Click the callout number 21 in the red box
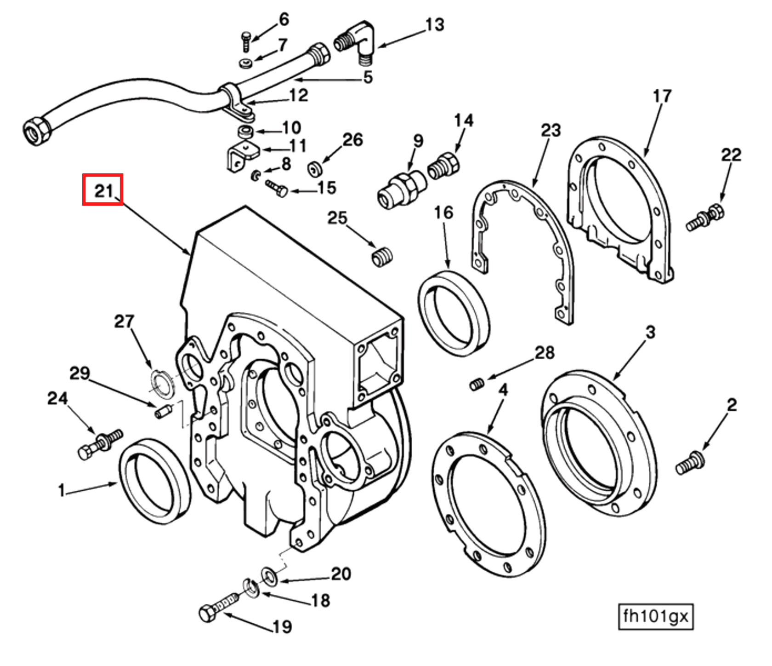[103, 189]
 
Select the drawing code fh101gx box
[655, 616]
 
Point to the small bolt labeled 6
[246, 42]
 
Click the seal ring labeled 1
[155, 480]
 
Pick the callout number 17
[662, 96]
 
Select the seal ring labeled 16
[454, 313]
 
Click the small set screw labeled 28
[477, 383]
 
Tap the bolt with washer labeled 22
[705, 218]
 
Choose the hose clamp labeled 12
[236, 99]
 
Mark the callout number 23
[551, 130]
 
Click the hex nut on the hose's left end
[36, 130]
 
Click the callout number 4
[503, 390]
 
